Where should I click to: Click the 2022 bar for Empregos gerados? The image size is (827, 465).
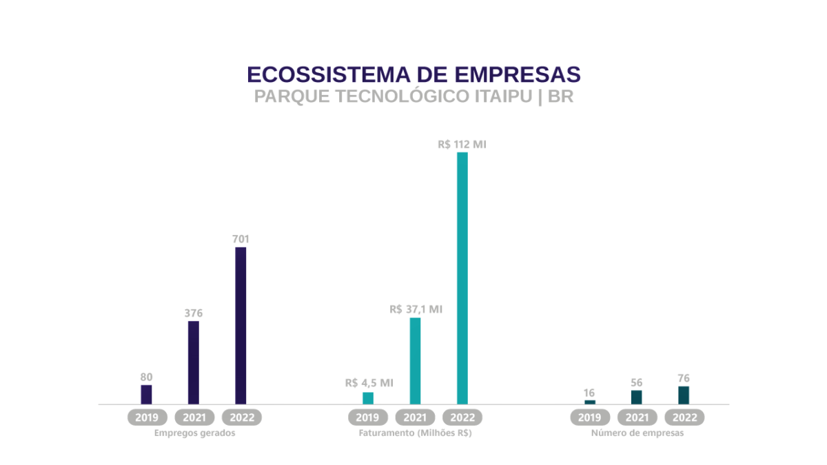pyautogui.click(x=241, y=325)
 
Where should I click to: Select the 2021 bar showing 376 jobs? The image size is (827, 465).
pyautogui.click(x=194, y=362)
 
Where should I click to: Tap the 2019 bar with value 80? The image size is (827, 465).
pyautogui.click(x=146, y=394)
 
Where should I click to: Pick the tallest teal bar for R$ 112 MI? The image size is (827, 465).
pyautogui.click(x=462, y=278)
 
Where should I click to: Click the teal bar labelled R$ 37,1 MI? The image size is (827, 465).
pyautogui.click(x=415, y=360)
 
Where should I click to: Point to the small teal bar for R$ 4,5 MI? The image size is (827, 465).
pyautogui.click(x=368, y=397)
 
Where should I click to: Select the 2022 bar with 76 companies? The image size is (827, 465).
pyautogui.click(x=684, y=395)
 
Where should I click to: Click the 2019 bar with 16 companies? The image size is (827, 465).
pyautogui.click(x=590, y=402)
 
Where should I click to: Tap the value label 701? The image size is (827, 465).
pyautogui.click(x=241, y=239)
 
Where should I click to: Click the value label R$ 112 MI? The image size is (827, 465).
pyautogui.click(x=462, y=145)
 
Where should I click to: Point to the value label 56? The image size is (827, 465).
pyautogui.click(x=637, y=382)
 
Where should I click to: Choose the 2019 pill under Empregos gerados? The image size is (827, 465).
pyautogui.click(x=147, y=417)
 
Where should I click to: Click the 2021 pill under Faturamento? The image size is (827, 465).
pyautogui.click(x=415, y=417)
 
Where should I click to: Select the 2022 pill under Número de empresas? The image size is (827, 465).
pyautogui.click(x=684, y=417)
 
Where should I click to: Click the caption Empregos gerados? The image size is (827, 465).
pyautogui.click(x=195, y=433)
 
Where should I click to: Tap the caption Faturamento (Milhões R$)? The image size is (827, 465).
pyautogui.click(x=415, y=433)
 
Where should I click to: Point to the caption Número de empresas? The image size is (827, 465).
pyautogui.click(x=637, y=433)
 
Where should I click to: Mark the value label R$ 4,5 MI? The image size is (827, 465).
pyautogui.click(x=369, y=382)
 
